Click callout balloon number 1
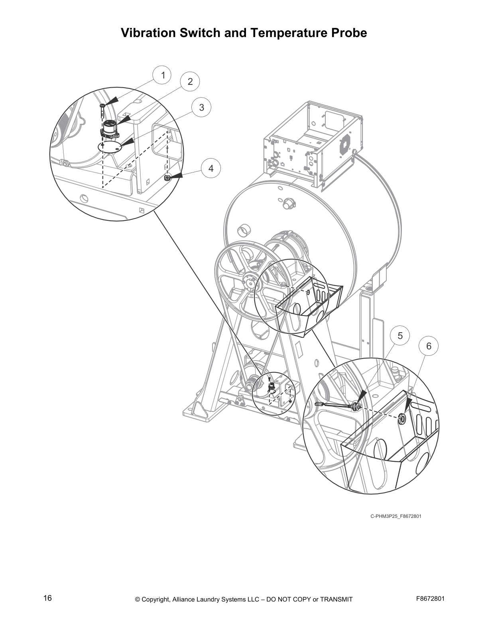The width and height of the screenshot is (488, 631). click(162, 75)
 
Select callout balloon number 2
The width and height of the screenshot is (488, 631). click(190, 82)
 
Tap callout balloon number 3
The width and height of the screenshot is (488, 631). click(201, 107)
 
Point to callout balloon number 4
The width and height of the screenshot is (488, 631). click(211, 169)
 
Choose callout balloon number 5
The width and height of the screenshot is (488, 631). click(400, 336)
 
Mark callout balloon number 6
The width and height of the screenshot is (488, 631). click(429, 346)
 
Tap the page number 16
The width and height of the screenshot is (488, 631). click(47, 598)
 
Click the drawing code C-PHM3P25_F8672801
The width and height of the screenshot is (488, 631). click(396, 516)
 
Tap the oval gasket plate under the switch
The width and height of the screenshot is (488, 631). click(109, 147)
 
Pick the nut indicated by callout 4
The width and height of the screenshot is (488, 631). click(168, 178)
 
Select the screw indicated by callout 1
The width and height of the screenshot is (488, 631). click(102, 110)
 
